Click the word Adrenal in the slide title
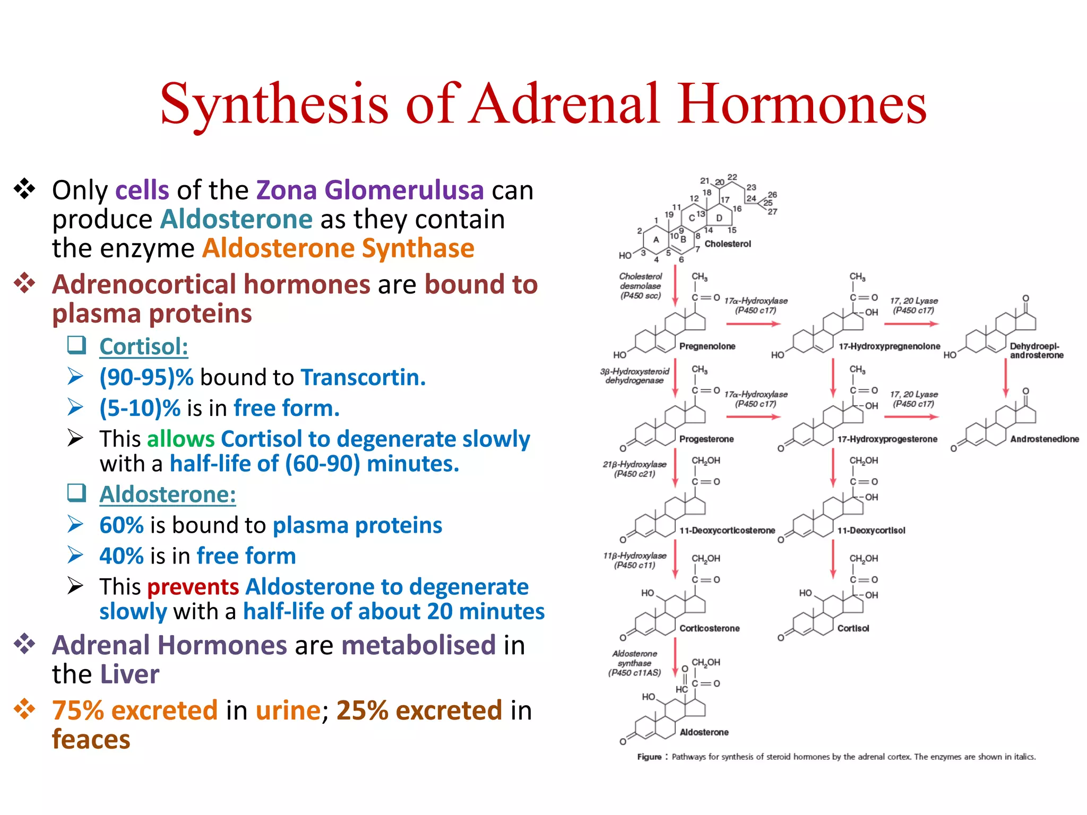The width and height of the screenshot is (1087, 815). (566, 104)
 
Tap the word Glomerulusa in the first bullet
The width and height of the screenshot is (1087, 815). (404, 190)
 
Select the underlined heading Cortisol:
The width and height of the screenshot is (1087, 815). (144, 347)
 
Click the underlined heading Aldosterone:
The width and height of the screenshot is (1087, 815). (168, 495)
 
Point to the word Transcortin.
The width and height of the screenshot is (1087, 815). (363, 378)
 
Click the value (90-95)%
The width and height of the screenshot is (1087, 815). (146, 378)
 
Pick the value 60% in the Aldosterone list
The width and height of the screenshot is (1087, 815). (122, 525)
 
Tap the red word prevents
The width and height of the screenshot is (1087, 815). (193, 587)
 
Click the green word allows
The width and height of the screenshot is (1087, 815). (180, 439)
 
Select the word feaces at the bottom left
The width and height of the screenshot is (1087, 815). (91, 740)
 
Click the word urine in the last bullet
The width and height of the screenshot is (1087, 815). (288, 710)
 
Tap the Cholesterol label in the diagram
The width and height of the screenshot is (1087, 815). (728, 244)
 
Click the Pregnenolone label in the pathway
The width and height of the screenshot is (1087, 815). (707, 346)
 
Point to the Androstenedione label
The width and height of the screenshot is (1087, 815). (1044, 439)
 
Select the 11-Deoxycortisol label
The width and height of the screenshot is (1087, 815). (871, 531)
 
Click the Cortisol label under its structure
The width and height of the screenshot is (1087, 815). (853, 629)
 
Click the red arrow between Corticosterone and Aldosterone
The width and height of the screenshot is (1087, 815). (675, 657)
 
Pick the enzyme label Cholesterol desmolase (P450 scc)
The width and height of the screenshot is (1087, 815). (641, 286)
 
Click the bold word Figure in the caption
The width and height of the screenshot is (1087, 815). (649, 757)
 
